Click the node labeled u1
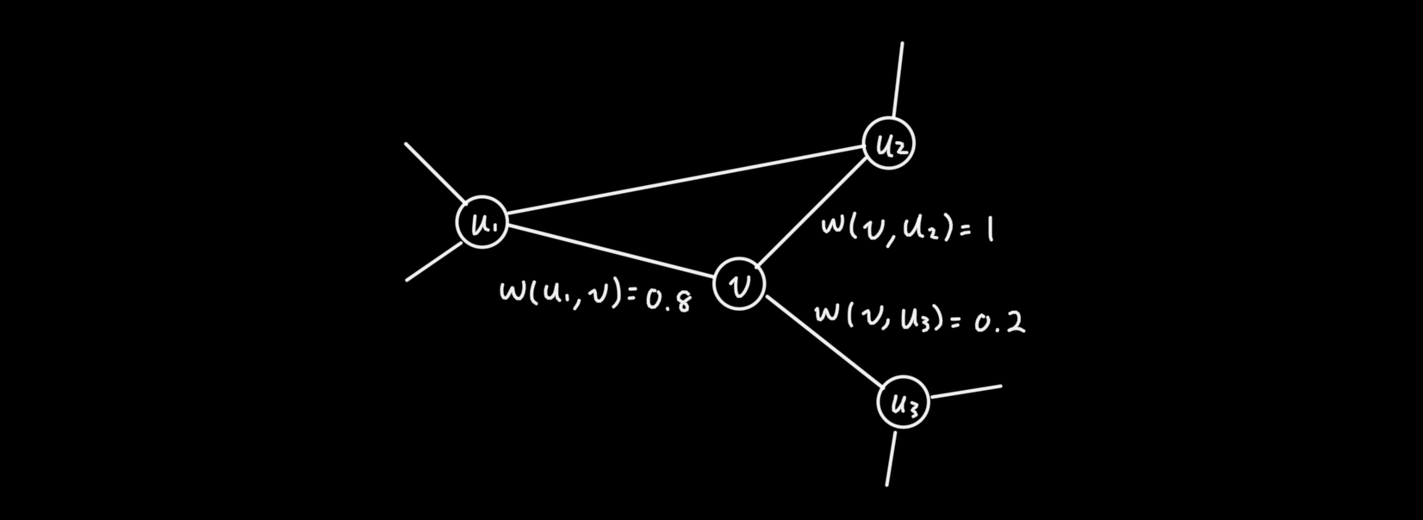482,222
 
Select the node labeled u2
888,144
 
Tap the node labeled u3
903,402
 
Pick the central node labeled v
739,283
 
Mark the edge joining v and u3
823,341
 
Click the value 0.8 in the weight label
668,300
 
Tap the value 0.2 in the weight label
1000,323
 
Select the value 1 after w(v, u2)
989,230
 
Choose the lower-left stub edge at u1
434,261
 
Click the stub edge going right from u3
966,392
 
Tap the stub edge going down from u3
892,458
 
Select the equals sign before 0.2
955,321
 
